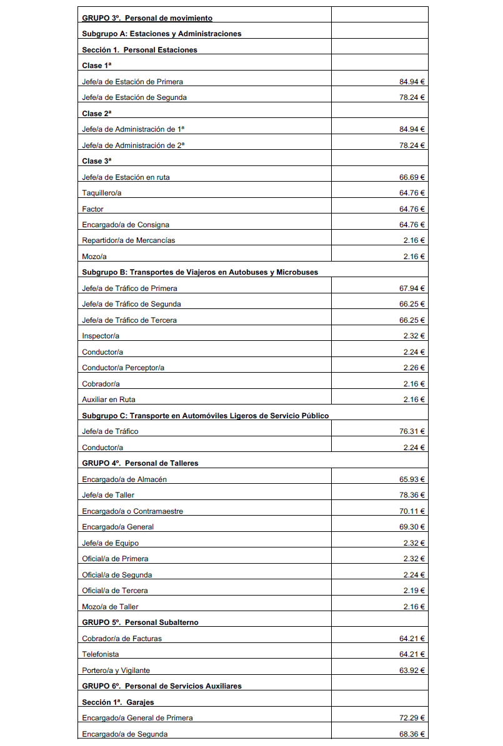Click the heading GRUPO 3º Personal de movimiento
coord(147,18)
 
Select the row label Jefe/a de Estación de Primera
coord(132,82)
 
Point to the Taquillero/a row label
coord(102,193)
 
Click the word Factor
coord(93,209)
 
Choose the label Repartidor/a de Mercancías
coord(129,240)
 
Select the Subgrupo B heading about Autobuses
coord(200,272)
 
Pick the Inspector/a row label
coord(99,336)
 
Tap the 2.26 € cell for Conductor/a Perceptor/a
coord(414,368)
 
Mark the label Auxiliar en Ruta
coord(109,400)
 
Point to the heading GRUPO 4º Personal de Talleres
coord(140,463)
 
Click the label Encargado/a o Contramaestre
coord(132,511)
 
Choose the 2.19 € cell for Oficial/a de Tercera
coord(414,591)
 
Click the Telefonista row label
coord(101,654)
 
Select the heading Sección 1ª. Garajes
coord(118,702)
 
